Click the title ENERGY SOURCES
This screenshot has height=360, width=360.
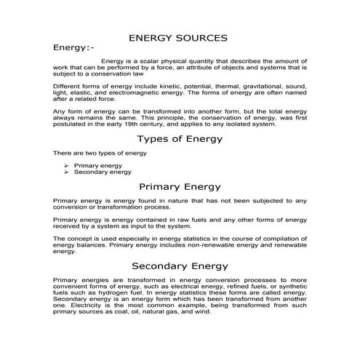178,37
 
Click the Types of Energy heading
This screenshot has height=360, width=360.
179,139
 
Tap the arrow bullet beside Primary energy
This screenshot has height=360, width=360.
67,166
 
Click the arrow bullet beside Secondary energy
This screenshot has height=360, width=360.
67,172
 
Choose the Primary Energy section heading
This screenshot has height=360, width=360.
179,187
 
